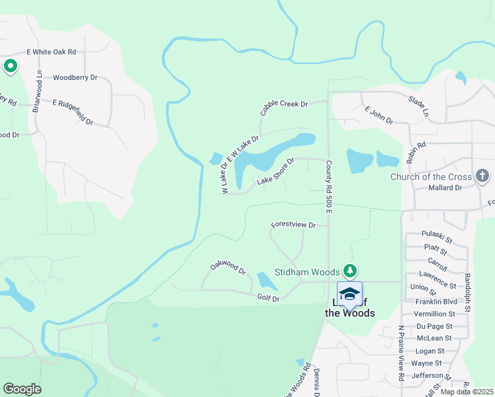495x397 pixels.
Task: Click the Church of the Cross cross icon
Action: (482, 177)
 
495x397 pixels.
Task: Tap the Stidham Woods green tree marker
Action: (350, 271)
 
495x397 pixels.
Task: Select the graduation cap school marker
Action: (349, 293)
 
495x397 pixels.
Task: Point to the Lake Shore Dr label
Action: (275, 171)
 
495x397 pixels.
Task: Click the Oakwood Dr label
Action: (228, 267)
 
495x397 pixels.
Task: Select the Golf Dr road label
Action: (269, 299)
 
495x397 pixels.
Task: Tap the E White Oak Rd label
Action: (52, 52)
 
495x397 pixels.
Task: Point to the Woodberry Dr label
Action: (75, 77)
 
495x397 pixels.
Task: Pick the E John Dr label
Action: (378, 115)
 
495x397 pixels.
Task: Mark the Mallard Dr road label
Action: (445, 188)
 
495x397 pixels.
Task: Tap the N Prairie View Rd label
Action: (401, 353)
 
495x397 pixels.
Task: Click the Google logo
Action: (22, 389)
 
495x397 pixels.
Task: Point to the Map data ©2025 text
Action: (466, 392)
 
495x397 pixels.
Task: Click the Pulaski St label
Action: (437, 234)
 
